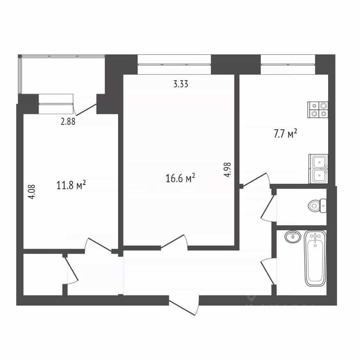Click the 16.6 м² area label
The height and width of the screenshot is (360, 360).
tap(180, 178)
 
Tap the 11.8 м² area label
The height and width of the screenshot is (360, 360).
tap(71, 185)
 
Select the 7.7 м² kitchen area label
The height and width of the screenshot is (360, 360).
tap(285, 133)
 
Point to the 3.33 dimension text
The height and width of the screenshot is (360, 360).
tap(181, 84)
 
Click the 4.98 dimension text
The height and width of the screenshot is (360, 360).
tap(228, 169)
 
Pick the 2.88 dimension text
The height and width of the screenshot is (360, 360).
tap(68, 121)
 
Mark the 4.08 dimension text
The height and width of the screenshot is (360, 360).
tap(32, 192)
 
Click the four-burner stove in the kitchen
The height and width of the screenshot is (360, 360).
tap(318, 110)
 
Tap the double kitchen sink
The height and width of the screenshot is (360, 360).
tap(318, 169)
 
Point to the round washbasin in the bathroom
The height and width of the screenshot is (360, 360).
tap(292, 236)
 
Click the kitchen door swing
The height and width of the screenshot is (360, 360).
tap(256, 180)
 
